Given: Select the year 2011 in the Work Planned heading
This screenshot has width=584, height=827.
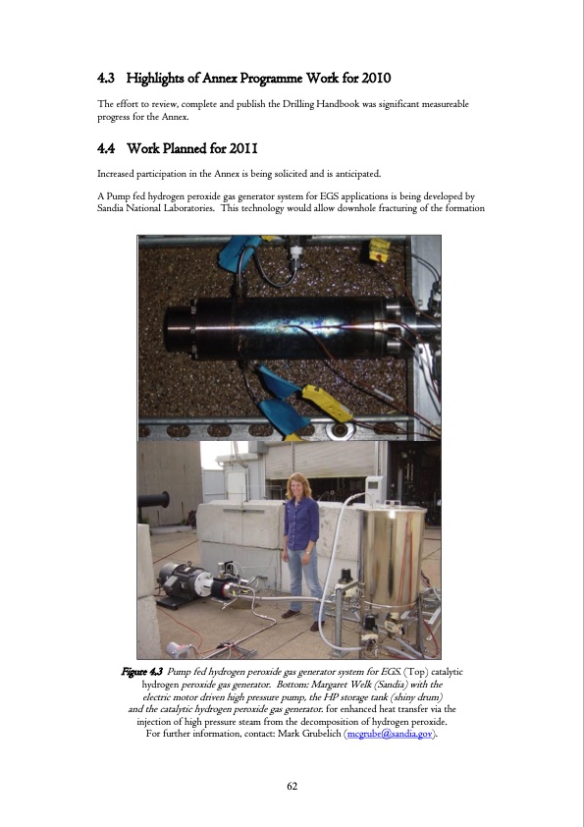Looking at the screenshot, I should coord(241,149).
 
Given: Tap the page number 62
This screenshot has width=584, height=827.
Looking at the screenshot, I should coord(292,786).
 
